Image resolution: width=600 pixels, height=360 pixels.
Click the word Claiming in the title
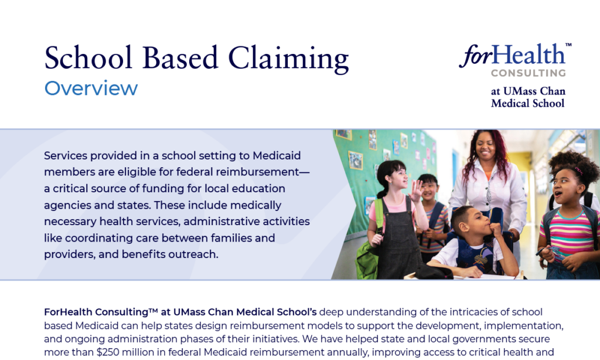288,58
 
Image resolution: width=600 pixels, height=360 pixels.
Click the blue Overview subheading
91,89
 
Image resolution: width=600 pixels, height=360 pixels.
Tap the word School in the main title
88,57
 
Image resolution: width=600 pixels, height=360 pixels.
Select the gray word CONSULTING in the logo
529,73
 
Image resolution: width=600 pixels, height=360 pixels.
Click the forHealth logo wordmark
512,55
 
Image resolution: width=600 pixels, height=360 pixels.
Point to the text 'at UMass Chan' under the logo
528,91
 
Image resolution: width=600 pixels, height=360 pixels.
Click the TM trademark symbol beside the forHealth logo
568,45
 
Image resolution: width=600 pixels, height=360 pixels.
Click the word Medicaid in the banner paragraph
277,155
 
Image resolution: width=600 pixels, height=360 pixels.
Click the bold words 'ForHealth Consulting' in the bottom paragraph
96,312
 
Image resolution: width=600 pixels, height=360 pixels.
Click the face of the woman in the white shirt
485,147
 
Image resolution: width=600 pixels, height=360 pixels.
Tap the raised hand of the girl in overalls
416,190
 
